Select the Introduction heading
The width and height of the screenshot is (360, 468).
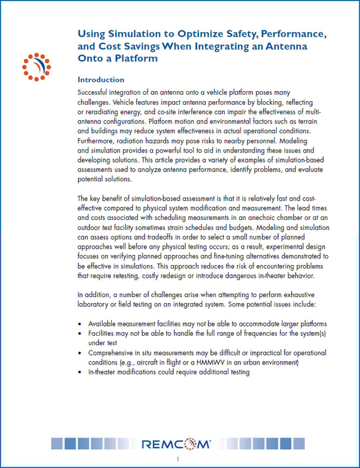[x=101, y=80]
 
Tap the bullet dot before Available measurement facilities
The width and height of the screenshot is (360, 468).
[x=80, y=324]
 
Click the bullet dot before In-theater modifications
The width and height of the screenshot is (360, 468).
[x=80, y=372]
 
